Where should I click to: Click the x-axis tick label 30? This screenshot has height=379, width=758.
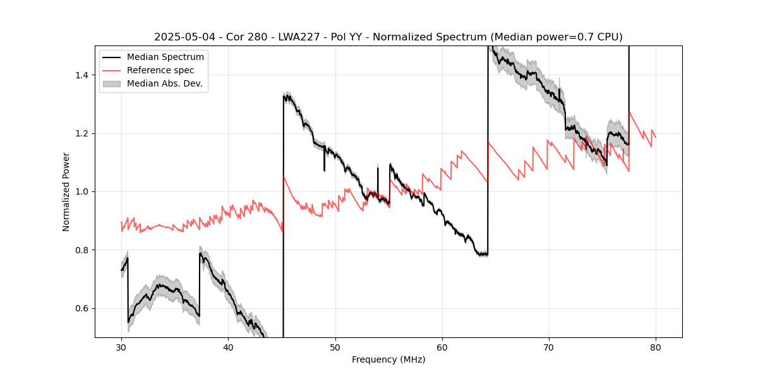click(121, 347)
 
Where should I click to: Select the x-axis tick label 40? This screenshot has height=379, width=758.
click(228, 347)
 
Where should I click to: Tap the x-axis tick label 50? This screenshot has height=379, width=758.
click(335, 347)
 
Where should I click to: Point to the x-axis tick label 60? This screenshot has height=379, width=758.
click(442, 347)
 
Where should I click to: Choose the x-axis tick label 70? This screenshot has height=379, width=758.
click(549, 347)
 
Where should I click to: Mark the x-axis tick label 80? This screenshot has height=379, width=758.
click(656, 347)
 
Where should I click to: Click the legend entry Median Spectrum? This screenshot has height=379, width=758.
click(165, 57)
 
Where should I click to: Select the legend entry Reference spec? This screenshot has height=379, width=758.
click(160, 70)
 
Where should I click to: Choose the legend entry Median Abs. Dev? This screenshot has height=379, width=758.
click(164, 83)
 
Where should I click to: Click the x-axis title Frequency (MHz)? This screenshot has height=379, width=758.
click(388, 359)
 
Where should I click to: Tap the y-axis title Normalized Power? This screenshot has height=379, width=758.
click(66, 191)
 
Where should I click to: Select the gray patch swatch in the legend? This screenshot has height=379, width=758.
click(112, 83)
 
